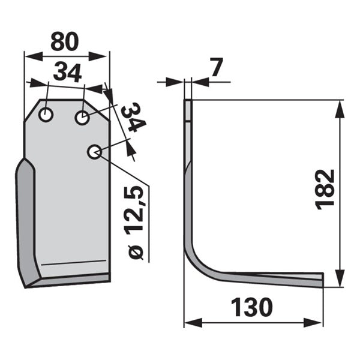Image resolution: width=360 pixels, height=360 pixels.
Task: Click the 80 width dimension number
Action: tap(65, 41)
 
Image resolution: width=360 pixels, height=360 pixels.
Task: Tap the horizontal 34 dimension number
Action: tap(67, 73)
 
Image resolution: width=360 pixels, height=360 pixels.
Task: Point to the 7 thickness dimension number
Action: tap(217, 67)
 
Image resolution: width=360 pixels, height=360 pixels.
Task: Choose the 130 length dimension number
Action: tap(251, 307)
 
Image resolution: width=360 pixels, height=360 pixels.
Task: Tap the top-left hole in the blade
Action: tap(46, 115)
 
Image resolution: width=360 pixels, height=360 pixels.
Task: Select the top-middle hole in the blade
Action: tap(82, 118)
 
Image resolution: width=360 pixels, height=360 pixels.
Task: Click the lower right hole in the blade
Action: tap(94, 152)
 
